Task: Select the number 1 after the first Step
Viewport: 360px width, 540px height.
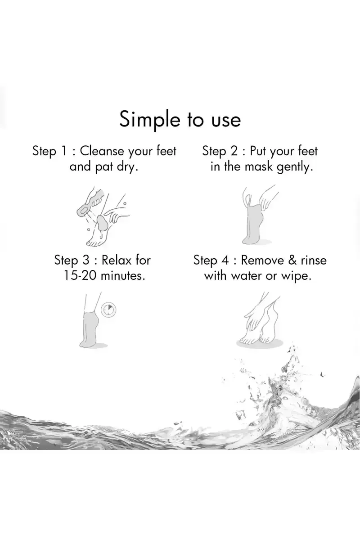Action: tap(64, 151)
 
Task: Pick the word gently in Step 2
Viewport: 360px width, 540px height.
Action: tap(295, 167)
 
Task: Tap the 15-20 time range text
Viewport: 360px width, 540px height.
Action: tap(80, 275)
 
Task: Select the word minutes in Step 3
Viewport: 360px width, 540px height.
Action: tap(123, 275)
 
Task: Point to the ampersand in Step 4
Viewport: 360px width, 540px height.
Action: tap(292, 260)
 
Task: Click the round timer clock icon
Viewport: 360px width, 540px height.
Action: tap(108, 310)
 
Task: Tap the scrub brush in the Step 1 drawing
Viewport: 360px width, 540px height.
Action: tap(90, 203)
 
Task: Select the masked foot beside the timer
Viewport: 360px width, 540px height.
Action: tap(89, 328)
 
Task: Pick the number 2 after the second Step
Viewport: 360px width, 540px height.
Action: tap(234, 151)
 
